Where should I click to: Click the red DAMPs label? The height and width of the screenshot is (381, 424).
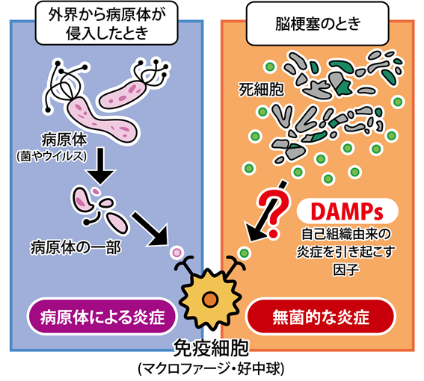click(x=347, y=211)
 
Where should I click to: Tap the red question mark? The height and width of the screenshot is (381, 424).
click(x=272, y=214)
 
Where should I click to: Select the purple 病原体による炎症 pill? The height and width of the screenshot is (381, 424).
click(x=102, y=317)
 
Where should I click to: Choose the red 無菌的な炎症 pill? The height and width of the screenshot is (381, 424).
click(x=321, y=317)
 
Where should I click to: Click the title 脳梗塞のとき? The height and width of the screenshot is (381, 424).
click(x=318, y=24)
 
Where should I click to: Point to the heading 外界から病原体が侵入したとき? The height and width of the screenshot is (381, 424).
click(x=107, y=24)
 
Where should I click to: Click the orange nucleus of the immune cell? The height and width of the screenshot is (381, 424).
click(x=210, y=299)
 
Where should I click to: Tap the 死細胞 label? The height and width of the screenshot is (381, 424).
click(x=261, y=90)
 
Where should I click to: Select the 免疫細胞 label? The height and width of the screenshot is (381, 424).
click(x=211, y=348)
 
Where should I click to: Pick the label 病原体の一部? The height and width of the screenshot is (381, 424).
click(x=76, y=247)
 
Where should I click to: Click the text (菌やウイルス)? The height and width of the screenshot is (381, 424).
click(x=52, y=156)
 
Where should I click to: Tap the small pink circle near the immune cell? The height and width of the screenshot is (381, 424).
click(x=176, y=253)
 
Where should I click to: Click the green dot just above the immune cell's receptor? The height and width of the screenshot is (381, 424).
click(x=245, y=253)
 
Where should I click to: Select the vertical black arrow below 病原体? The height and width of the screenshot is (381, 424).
click(x=100, y=166)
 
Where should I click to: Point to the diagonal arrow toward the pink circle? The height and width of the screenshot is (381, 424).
click(x=150, y=229)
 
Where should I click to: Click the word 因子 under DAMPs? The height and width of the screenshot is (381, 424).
click(x=346, y=269)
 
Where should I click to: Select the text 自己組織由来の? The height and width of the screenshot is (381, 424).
click(x=345, y=234)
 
